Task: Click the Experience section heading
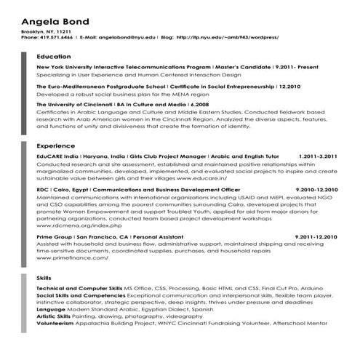tap(55, 146)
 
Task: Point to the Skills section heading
tap(44, 278)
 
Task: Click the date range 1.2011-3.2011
tap(317, 156)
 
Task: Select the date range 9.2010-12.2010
tap(316, 189)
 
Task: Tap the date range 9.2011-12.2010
tap(316, 237)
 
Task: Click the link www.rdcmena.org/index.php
tap(73, 225)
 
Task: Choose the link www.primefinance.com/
tap(72, 257)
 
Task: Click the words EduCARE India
tap(57, 156)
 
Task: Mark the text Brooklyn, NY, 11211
tap(47, 32)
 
